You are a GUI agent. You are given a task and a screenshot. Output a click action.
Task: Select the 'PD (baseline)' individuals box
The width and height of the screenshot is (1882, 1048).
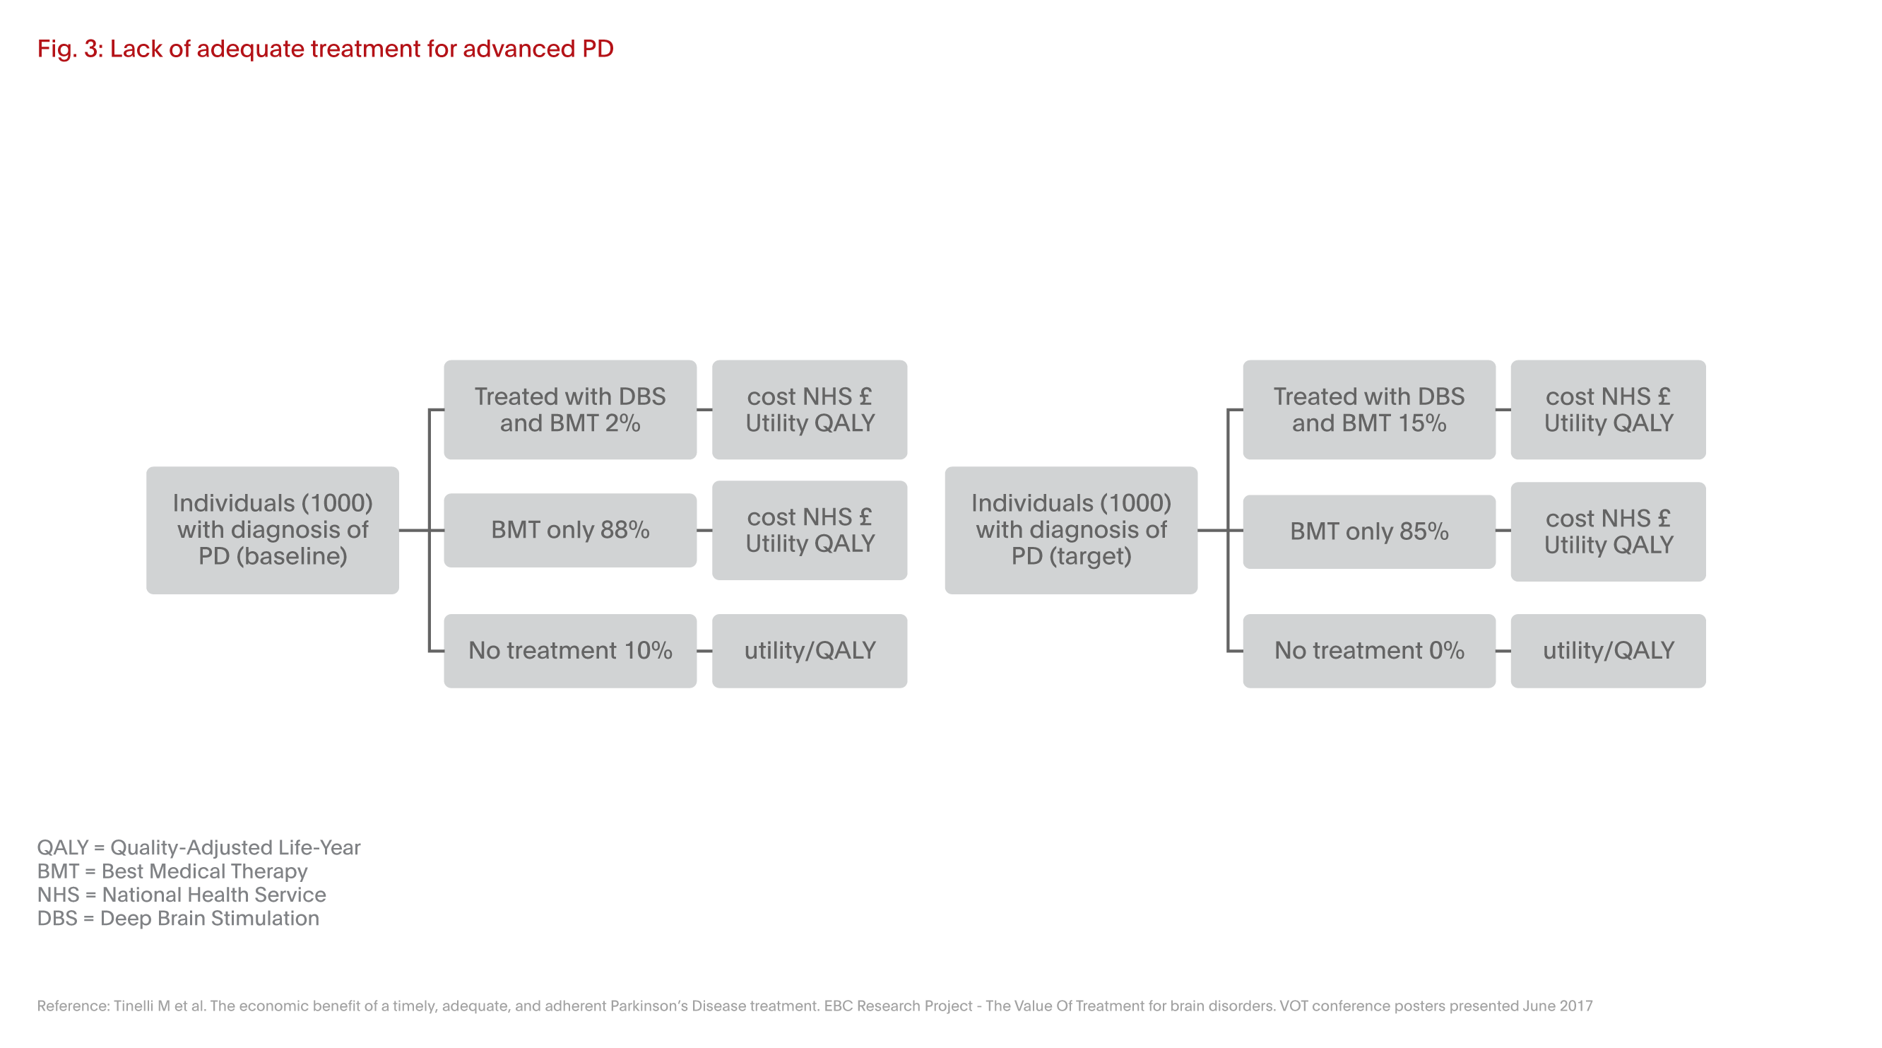coord(273,530)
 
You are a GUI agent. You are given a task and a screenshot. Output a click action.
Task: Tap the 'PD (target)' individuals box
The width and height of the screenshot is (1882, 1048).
coord(1071,530)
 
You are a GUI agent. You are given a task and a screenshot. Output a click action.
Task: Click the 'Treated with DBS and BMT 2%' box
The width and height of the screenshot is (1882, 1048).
coord(570,409)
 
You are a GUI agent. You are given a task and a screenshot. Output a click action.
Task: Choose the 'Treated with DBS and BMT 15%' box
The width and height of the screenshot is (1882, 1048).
coord(1369,409)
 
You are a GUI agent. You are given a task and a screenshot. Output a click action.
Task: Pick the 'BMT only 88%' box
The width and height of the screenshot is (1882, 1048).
coord(570,530)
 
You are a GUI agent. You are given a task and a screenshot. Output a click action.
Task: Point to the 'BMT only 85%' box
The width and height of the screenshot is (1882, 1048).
coord(1369,531)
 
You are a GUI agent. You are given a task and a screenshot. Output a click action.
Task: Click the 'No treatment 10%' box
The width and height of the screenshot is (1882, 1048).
coord(570,650)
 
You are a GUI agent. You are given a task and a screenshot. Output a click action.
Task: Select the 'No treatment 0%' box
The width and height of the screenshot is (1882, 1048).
coord(1369,650)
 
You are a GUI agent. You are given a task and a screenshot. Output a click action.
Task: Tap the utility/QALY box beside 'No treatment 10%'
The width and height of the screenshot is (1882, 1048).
coord(810,650)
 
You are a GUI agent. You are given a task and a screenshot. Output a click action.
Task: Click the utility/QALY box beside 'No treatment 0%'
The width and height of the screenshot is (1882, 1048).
coord(1608,650)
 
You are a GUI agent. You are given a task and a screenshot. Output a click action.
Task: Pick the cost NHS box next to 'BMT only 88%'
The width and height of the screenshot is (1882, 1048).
coord(810,530)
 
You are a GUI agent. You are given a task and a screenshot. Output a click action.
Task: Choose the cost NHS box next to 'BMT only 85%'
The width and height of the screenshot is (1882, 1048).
coord(1608,531)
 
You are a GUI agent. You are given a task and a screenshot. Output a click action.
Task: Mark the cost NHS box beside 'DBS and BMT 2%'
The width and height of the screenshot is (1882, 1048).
coord(810,409)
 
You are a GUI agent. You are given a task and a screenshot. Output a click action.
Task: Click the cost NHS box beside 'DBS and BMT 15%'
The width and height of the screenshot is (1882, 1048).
coord(1608,409)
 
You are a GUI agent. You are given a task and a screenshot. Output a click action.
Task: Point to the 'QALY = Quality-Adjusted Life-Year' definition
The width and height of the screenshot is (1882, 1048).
coord(199,847)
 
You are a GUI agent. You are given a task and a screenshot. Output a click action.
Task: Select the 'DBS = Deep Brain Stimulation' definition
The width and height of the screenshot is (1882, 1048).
coord(178,918)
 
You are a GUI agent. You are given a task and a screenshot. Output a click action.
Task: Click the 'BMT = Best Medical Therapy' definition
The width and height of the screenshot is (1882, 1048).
coord(172,871)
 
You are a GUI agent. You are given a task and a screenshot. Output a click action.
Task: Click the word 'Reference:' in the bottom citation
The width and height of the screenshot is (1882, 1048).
coord(73,1006)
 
